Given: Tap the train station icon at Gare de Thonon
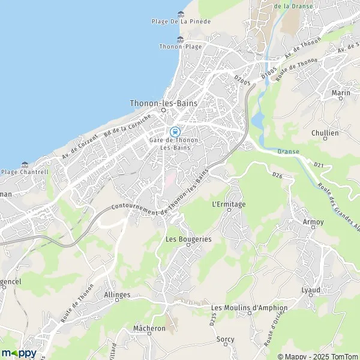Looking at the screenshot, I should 175,131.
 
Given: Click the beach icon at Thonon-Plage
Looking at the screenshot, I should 180,39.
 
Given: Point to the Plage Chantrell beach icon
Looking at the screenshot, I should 25,164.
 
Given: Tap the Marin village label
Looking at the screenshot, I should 341,93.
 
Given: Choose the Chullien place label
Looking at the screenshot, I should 325,133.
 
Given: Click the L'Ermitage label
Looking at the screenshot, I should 229,204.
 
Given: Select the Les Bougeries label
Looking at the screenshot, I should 188,238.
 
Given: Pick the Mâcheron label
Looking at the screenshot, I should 149,329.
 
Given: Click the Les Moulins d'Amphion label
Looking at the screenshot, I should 249,308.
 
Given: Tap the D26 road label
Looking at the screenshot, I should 277,175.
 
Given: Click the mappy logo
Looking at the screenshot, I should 19,353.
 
